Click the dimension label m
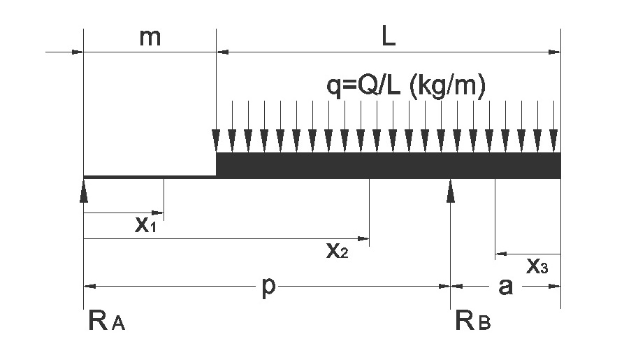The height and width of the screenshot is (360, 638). point(150,38)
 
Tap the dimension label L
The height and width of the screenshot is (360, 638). point(389,38)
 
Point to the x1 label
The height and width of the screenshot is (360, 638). point(145,225)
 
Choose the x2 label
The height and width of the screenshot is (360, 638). point(337,251)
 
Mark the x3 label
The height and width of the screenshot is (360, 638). point(537,266)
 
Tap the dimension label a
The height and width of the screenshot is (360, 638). point(505,287)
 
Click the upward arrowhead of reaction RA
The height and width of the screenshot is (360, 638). point(84,190)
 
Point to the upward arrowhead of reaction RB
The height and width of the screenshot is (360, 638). point(451,190)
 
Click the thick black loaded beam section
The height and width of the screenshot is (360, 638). point(388,165)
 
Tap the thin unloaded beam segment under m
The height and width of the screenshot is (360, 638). point(150,177)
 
